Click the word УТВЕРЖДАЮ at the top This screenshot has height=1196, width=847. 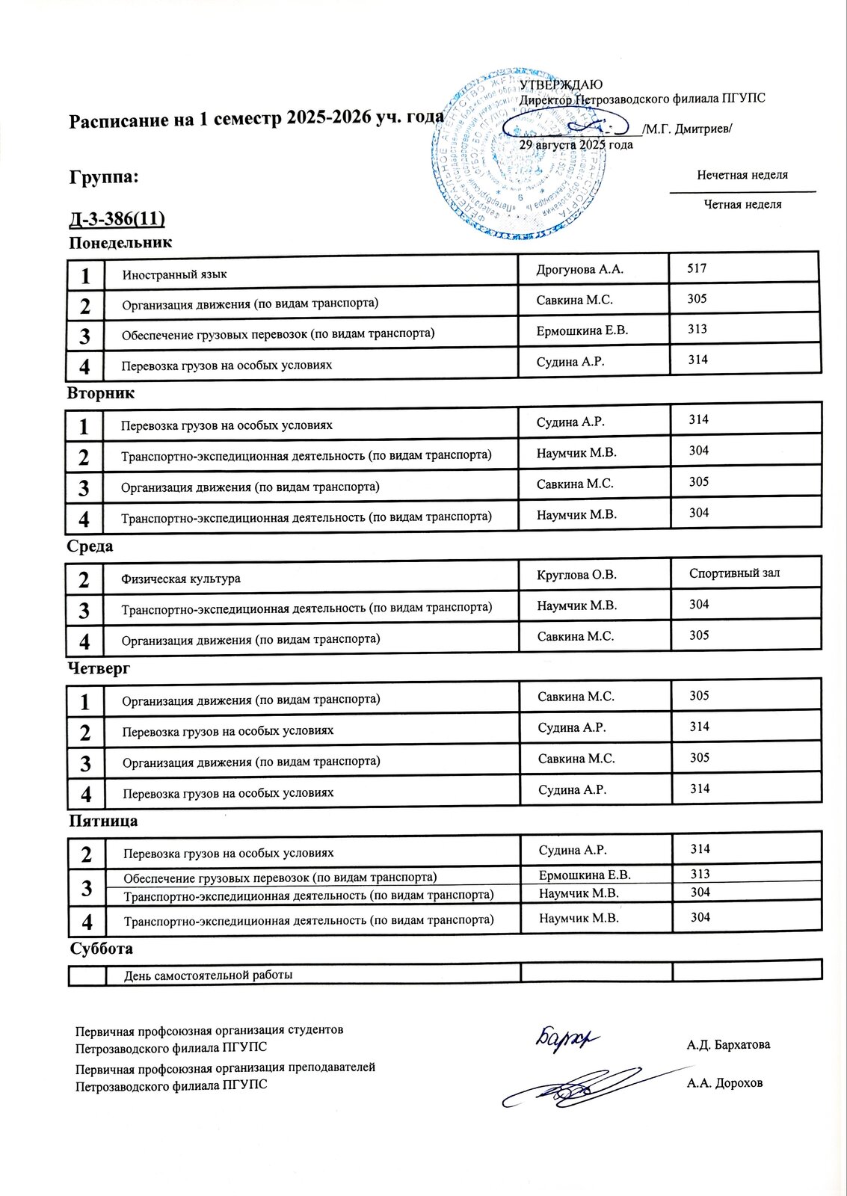(x=561, y=85)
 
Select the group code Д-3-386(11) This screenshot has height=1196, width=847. (x=117, y=219)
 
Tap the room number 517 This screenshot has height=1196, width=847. (x=697, y=268)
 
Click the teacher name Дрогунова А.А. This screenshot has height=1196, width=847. (x=579, y=270)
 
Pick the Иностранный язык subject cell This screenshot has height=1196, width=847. (x=175, y=274)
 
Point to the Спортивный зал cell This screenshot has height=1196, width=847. (x=734, y=573)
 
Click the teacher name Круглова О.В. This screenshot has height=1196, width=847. (x=576, y=575)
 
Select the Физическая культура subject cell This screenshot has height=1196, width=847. (x=181, y=579)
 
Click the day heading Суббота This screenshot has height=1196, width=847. (x=102, y=949)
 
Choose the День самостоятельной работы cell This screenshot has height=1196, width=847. (x=208, y=975)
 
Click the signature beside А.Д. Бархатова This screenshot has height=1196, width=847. (x=567, y=1038)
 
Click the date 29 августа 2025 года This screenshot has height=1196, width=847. (x=576, y=144)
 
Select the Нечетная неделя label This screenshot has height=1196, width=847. (x=742, y=175)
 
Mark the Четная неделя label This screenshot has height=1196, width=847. (x=742, y=204)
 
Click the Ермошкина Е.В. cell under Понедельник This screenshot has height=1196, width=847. (x=582, y=330)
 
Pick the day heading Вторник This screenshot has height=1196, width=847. (x=100, y=393)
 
